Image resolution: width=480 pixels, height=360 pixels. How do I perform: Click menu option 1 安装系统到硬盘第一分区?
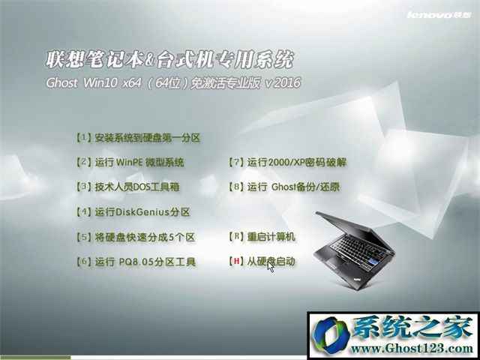point(138,138)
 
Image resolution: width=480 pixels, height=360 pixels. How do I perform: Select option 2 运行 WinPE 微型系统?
point(130,162)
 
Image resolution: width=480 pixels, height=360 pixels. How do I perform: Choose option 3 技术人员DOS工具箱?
point(127,187)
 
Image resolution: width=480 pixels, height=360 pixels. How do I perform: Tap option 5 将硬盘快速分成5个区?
point(135,237)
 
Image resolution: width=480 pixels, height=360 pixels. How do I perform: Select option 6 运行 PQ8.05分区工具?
point(136,262)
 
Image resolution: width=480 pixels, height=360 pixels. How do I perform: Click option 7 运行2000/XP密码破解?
point(288,162)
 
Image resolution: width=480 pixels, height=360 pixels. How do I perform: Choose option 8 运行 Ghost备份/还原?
point(284,187)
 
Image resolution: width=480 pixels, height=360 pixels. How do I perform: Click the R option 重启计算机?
point(262,237)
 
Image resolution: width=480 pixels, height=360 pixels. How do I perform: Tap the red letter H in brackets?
point(236,262)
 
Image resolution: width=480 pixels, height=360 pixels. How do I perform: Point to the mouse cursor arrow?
point(270,267)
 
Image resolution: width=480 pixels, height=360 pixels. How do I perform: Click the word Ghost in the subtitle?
point(61,83)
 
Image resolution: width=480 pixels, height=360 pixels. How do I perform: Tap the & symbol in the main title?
point(150,60)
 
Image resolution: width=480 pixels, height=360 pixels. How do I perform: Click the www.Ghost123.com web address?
point(412,349)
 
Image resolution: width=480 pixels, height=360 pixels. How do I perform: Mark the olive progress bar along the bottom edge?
point(35,357)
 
